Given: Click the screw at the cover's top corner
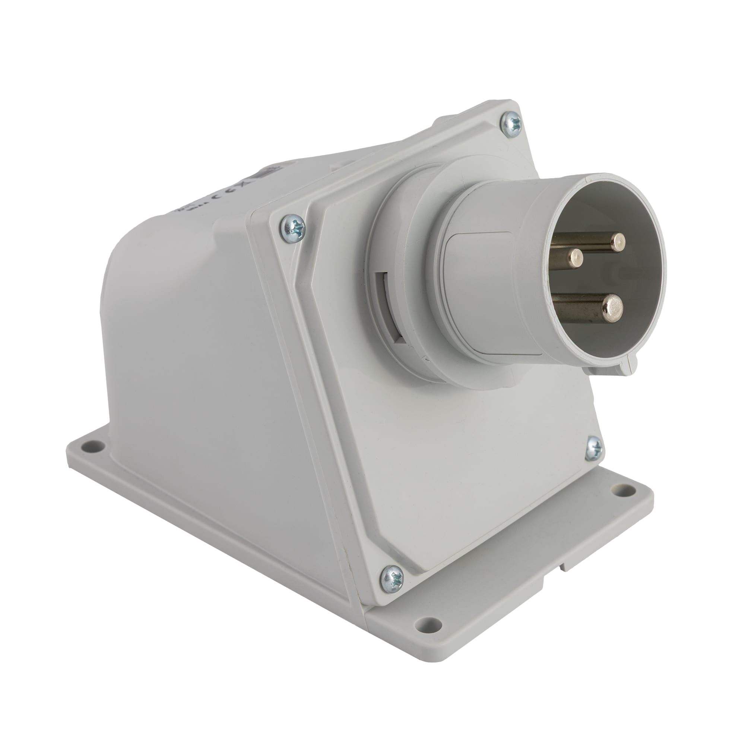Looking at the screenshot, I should (x=511, y=123).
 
